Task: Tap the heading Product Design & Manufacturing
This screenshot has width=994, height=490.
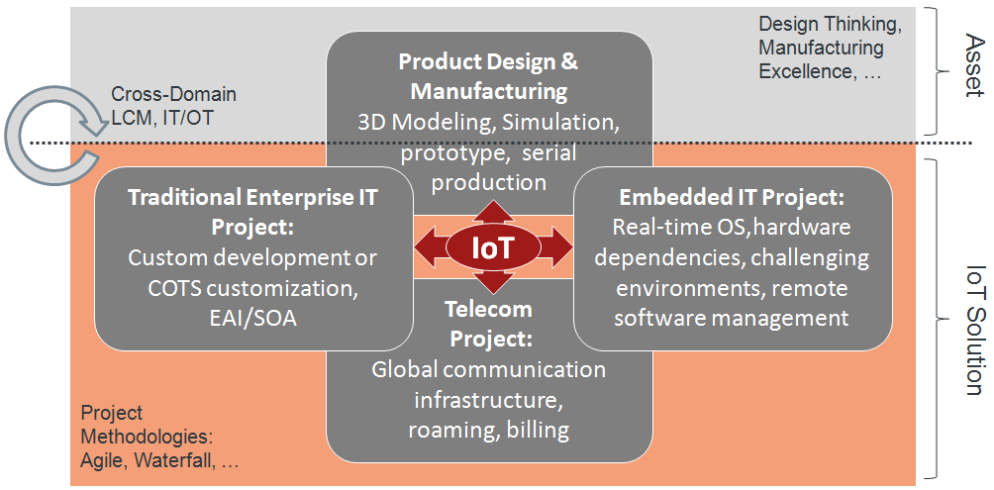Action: click(488, 76)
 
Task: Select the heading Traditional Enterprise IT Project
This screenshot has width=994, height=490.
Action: click(253, 211)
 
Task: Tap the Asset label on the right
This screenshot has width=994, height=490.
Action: click(973, 67)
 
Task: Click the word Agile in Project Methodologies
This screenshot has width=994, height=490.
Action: click(101, 459)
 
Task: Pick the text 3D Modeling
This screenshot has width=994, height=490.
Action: click(425, 123)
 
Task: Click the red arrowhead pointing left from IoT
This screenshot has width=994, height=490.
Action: click(424, 246)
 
